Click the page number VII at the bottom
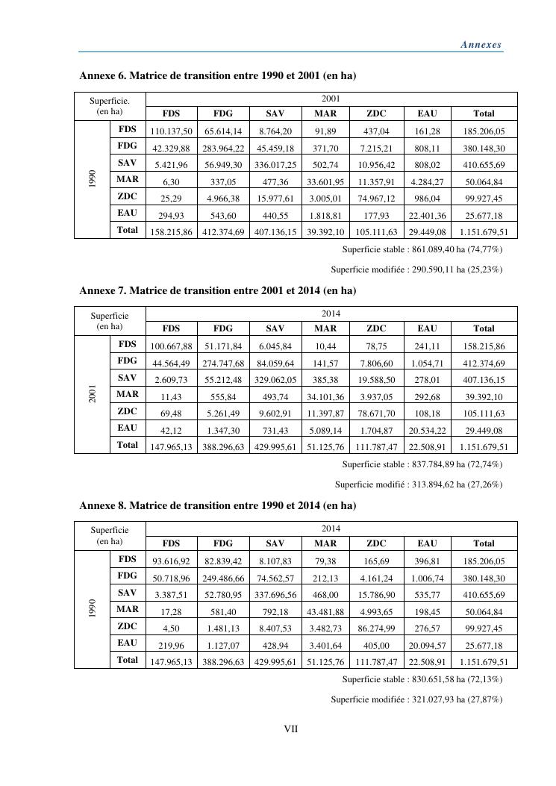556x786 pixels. pos(291,729)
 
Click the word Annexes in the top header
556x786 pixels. pos(481,45)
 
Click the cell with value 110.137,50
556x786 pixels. pos(172,131)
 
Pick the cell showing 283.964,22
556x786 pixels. pos(222,148)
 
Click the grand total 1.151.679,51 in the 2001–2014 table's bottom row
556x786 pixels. pos(484,446)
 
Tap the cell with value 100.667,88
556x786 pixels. pos(172,346)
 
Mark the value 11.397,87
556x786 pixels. pos(325,413)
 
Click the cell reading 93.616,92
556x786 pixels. pos(172,561)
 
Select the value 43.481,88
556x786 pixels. pos(325,611)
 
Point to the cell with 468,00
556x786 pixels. pos(325,594)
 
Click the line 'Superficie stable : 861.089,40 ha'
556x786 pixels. pos(422,249)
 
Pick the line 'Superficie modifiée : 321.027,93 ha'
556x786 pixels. pos(416,699)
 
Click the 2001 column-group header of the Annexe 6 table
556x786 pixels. pos(331,98)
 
